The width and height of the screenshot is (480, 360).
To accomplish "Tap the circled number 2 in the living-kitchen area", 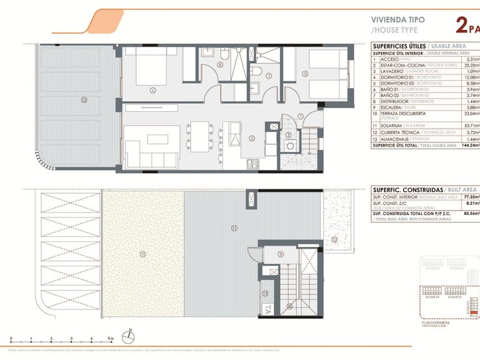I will [252, 138].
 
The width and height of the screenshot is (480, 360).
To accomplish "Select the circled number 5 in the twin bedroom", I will [305, 74].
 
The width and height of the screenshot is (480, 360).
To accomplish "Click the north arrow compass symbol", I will [128, 336].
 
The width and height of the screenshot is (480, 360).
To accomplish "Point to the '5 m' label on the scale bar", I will [111, 338].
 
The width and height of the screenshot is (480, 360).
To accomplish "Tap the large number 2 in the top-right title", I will [462, 25].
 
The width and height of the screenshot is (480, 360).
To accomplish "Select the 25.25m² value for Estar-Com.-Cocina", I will [470, 65].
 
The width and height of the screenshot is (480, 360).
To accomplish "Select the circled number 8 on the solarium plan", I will [280, 254].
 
